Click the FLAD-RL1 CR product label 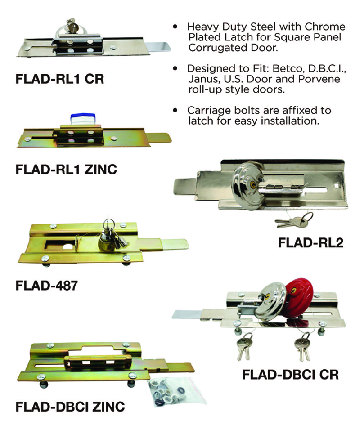[x=59, y=80]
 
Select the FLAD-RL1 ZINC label [x=66, y=169]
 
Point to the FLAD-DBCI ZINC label [x=70, y=407]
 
